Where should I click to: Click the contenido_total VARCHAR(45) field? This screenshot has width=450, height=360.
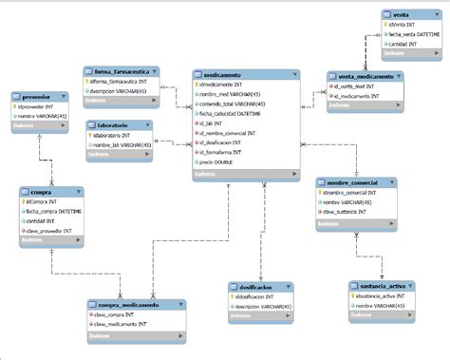233,104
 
